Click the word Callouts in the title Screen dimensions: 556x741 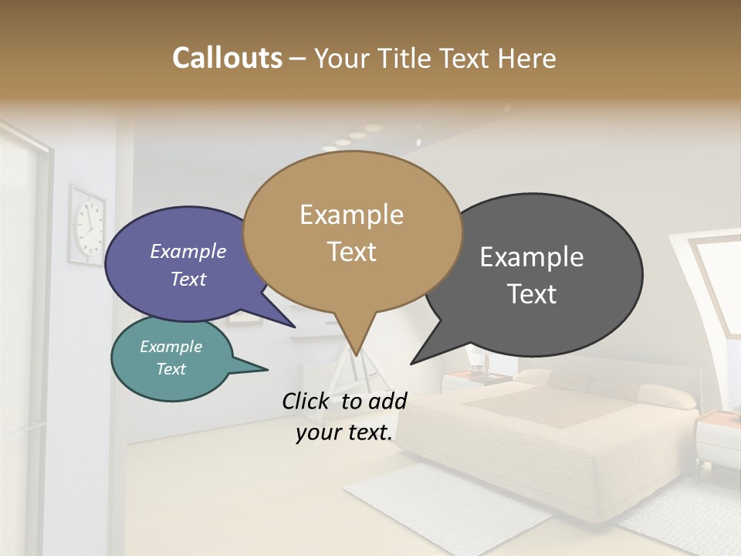pos(227,58)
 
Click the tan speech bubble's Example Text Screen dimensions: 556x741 pos(351,232)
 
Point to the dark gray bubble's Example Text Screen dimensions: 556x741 pos(532,275)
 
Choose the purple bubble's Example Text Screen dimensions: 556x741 pos(188,265)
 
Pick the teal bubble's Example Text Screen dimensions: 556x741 pos(171,358)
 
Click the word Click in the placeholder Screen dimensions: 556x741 pos(307,401)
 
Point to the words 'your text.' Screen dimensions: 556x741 pos(344,432)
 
